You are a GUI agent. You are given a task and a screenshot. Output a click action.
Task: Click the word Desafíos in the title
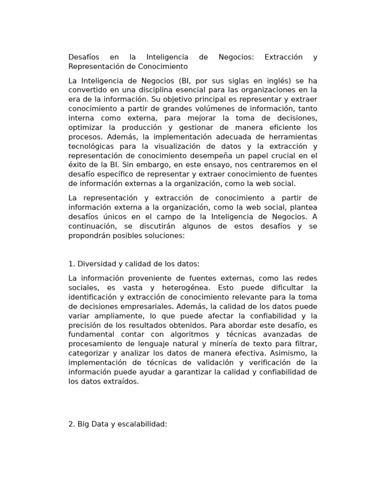(83, 57)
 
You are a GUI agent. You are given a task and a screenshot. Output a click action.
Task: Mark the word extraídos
(120, 382)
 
